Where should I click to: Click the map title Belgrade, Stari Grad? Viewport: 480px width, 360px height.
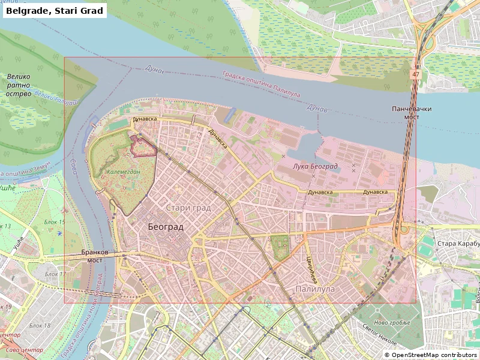55,11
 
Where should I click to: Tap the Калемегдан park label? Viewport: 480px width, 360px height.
123,172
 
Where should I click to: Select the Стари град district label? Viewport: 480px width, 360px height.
188,208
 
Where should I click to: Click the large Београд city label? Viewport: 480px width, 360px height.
166,227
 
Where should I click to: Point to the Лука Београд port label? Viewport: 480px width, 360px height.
316,166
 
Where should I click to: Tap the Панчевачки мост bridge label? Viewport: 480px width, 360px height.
412,113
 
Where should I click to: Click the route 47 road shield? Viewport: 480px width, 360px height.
416,74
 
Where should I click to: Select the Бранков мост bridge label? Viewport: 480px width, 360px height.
94,257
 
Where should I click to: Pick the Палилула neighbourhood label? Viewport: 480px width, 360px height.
315,289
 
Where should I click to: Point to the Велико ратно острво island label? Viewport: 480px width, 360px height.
19,85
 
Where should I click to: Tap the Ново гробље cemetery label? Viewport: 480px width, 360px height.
394,323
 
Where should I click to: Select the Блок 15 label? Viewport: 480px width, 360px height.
55,222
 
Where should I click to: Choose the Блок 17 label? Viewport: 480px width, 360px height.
56,275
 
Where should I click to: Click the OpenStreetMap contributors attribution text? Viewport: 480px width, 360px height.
430,355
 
